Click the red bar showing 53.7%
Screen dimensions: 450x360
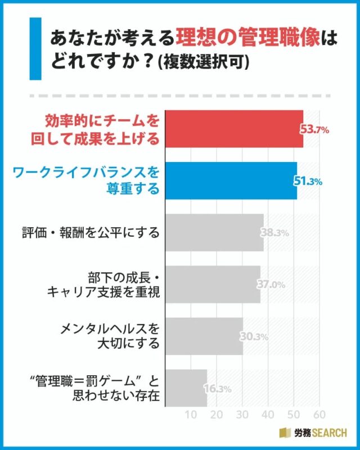pyautogui.click(x=233, y=129)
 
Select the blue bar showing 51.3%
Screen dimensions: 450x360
pyautogui.click(x=230, y=181)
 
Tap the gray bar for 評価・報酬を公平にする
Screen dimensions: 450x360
pyautogui.click(x=213, y=232)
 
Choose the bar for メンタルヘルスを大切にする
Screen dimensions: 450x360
pyautogui.click(x=203, y=336)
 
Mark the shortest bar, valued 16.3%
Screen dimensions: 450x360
pyautogui.click(x=185, y=388)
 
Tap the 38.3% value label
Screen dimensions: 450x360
pyautogui.click(x=274, y=233)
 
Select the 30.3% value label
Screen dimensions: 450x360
pyautogui.click(x=254, y=337)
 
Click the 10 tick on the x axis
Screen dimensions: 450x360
pyautogui.click(x=190, y=415)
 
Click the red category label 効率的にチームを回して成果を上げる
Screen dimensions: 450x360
pyautogui.click(x=101, y=129)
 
